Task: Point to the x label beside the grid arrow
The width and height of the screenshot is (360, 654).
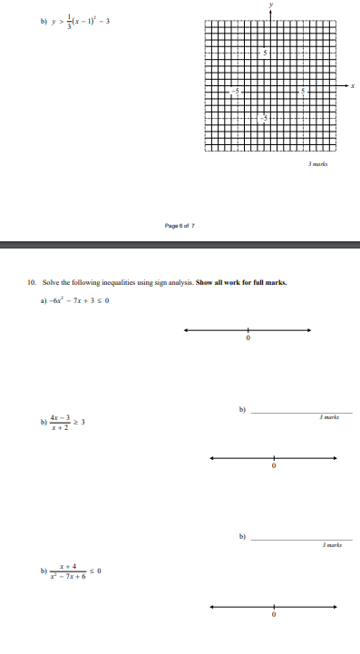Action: [353, 87]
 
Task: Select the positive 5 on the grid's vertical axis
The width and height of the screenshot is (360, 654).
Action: [265, 52]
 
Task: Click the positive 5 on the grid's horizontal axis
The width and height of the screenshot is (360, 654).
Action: [304, 92]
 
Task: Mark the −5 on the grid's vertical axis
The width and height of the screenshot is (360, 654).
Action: [264, 119]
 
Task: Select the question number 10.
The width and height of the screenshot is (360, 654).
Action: [32, 283]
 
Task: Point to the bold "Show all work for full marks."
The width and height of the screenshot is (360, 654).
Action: [241, 283]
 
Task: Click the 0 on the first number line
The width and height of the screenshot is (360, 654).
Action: [248, 339]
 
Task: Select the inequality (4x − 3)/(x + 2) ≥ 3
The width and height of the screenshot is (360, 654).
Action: [63, 422]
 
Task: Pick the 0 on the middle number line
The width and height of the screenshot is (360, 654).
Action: [273, 466]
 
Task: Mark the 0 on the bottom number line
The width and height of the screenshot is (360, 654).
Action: [273, 615]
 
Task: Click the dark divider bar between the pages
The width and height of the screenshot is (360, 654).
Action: [180, 243]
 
